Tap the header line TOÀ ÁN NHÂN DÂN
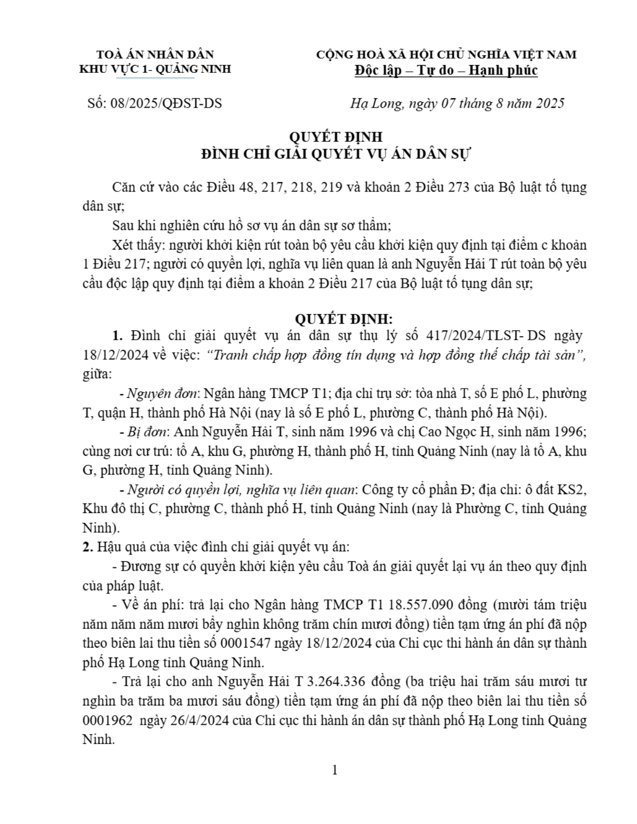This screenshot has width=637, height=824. click(x=155, y=55)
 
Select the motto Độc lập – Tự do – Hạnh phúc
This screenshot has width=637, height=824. click(x=446, y=70)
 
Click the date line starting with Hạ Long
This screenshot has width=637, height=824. click(x=457, y=103)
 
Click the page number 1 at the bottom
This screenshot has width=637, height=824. click(x=335, y=770)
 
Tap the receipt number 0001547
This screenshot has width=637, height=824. click(x=245, y=643)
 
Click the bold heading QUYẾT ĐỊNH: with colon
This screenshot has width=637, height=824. click(x=345, y=318)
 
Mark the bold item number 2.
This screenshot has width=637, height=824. click(x=87, y=547)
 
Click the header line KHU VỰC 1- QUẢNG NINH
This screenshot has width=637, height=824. click(x=155, y=69)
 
